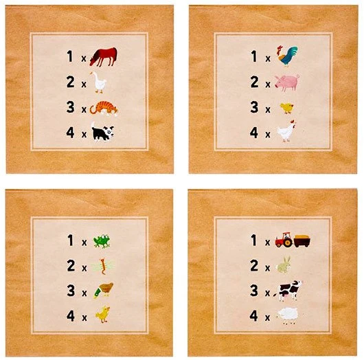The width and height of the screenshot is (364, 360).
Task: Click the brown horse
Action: pyautogui.click(x=104, y=56)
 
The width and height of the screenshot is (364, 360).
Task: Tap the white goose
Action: pyautogui.click(x=99, y=82)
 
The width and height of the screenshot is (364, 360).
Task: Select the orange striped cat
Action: pyautogui.click(x=104, y=109)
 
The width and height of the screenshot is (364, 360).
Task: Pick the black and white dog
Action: pyautogui.click(x=102, y=132)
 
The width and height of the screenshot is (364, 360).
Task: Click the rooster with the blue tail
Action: pyautogui.click(x=286, y=56)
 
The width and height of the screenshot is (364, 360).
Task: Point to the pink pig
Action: pyautogui.click(x=287, y=82)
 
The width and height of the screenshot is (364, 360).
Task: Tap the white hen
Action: pyautogui.click(x=286, y=131)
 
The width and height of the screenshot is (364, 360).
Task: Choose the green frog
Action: pyautogui.click(x=102, y=241)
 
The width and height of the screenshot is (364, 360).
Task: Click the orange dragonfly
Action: pyautogui.click(x=102, y=266)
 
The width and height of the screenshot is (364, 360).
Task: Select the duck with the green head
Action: pyautogui.click(x=103, y=290)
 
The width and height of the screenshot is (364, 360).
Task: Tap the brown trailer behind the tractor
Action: pyautogui.click(x=302, y=241)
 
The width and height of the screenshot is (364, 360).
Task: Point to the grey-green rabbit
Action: pyautogui.click(x=284, y=265)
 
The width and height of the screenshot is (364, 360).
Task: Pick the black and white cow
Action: pyautogui.click(x=288, y=291)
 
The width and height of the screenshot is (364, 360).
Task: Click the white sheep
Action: pyautogui.click(x=288, y=315)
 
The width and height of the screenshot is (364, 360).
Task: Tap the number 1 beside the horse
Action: pyautogui.click(x=70, y=56)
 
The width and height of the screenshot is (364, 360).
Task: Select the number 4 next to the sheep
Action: pyautogui.click(x=254, y=315)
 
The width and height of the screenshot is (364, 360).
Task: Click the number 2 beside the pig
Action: pyautogui.click(x=254, y=82)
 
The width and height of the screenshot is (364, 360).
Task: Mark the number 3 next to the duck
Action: pyautogui.click(x=71, y=291)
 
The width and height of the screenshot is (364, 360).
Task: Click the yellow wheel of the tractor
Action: pyautogui.click(x=288, y=243)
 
